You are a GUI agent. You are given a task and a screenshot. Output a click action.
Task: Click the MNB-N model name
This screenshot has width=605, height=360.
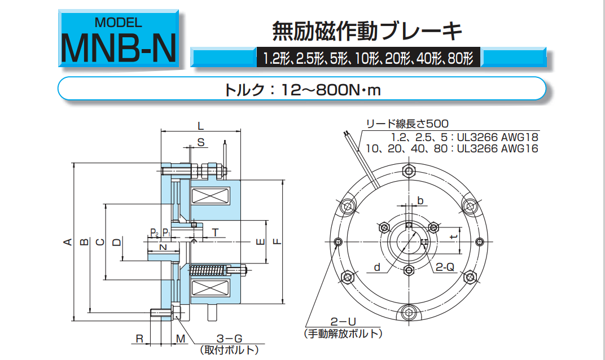coord(119,47)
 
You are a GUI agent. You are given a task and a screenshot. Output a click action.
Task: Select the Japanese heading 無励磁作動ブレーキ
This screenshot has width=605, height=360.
coord(367,30)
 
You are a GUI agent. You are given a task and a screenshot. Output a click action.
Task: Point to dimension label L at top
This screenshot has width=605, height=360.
coord(201,125)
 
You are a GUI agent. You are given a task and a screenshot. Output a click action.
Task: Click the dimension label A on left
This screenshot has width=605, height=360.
coord(68,243)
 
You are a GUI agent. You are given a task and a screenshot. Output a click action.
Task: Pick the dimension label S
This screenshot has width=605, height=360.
coord(201,143)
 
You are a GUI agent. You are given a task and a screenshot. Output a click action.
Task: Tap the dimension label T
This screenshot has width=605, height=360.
coord(215,232)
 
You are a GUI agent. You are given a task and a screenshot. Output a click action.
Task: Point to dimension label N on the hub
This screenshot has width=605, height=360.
coord(163,247)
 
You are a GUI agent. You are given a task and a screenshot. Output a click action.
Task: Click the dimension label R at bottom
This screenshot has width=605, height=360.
coord(139,339)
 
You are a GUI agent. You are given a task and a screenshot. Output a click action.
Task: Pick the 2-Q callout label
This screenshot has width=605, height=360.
coord(444,267)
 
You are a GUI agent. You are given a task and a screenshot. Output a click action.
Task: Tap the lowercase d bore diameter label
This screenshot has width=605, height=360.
coord(377,267)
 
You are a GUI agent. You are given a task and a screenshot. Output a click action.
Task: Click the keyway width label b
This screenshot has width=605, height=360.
coord(420,200)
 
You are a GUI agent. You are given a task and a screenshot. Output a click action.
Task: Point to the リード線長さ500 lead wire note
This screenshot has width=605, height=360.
coord(407,124)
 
